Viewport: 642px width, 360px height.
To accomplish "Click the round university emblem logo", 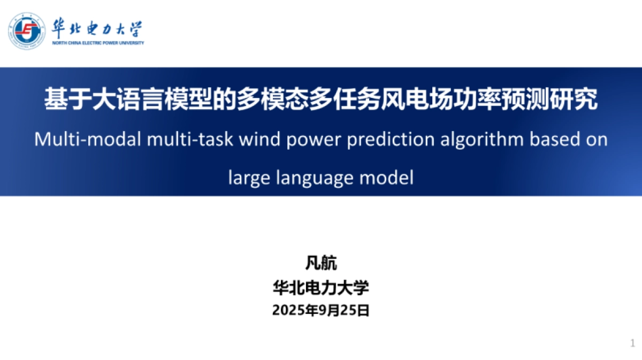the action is [27, 30].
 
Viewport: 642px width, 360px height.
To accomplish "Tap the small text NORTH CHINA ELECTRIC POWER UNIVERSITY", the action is [98, 43].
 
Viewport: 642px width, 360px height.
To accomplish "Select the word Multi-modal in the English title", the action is [88, 139].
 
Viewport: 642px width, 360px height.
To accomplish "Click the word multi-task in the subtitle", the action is [190, 139].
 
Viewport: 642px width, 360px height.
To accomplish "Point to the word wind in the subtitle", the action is [259, 139].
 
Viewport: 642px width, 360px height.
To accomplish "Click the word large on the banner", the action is [249, 178].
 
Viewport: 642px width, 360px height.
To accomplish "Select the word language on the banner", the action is [315, 178].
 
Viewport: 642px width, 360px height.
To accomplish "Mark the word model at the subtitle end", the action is [386, 177].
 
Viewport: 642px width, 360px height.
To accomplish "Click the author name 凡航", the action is [321, 263].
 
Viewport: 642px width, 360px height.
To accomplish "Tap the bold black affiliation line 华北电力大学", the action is [321, 287].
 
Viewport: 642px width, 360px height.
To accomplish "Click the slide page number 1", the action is [632, 343].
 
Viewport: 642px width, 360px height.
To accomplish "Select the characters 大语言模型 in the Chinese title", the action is [152, 99].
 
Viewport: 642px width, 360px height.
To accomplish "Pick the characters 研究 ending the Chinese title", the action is [574, 99].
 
